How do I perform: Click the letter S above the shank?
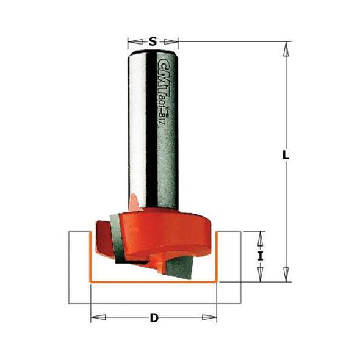pos(153,41)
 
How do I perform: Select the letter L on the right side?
pos(285,155)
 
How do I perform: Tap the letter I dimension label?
pos(261,256)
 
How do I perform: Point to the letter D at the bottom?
pos(154,317)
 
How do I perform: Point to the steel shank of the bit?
pos(153,134)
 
